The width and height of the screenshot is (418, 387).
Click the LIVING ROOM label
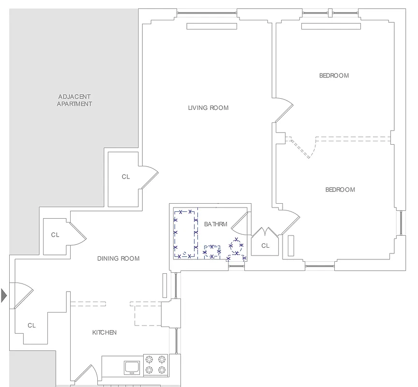(208, 108)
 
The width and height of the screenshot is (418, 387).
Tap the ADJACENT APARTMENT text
(75, 100)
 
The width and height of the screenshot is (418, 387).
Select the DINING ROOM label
(118, 258)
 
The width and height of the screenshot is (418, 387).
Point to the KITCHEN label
(104, 332)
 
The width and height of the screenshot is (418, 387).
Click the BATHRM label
(215, 224)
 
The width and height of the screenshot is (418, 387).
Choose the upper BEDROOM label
(334, 75)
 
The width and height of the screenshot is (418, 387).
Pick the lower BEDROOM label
(340, 190)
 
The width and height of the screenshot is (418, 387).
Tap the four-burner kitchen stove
(156, 365)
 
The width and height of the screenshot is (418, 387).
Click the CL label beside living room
(126, 177)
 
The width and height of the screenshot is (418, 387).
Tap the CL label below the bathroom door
(265, 246)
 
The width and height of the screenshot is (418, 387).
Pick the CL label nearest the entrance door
(31, 326)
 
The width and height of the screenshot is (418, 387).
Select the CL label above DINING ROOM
(55, 235)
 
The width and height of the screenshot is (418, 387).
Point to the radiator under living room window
(212, 27)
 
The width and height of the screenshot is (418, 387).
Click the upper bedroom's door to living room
(284, 110)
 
